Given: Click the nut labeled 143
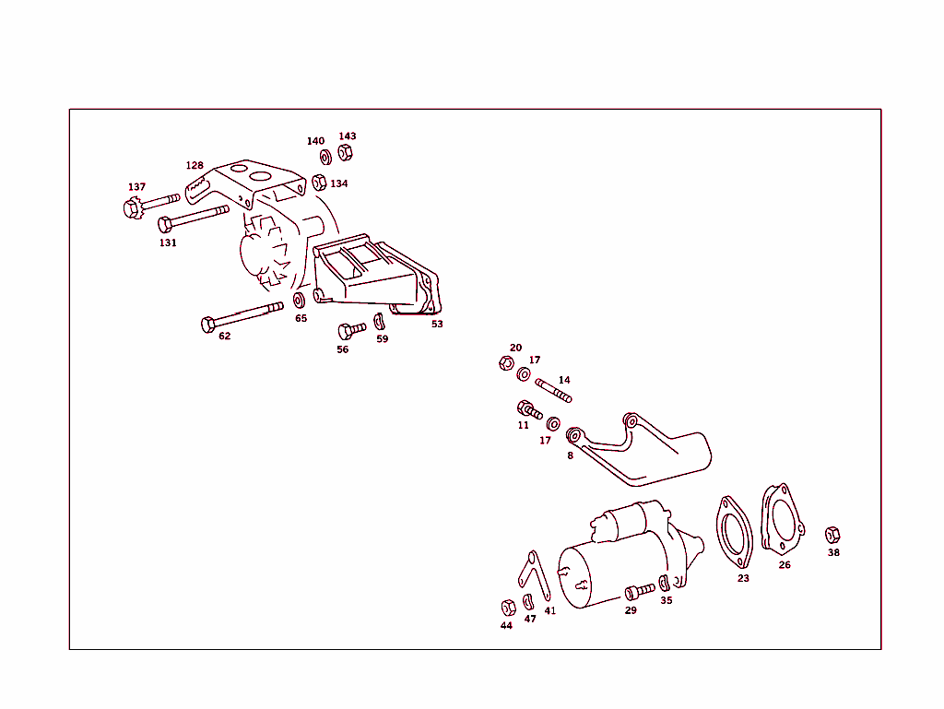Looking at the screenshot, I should tap(346, 152).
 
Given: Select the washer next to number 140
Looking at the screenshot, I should tap(325, 158).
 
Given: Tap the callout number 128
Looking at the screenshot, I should tap(195, 166).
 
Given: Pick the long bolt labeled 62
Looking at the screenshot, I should tap(241, 316).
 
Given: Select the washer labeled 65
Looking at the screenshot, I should tap(300, 301).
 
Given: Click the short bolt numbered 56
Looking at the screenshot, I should tap(351, 330).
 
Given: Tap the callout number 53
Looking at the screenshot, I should tap(437, 324).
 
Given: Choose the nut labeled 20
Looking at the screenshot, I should tap(505, 363).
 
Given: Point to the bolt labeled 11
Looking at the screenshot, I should tap(529, 409).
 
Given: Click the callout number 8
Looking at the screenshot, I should tap(570, 455).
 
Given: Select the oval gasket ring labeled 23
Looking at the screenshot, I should tap(735, 533).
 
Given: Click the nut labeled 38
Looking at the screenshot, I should tap(832, 535).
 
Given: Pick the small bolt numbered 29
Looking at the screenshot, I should tap(639, 590).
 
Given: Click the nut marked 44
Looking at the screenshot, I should tap(507, 607).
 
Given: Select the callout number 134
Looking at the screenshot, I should tap(339, 183).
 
